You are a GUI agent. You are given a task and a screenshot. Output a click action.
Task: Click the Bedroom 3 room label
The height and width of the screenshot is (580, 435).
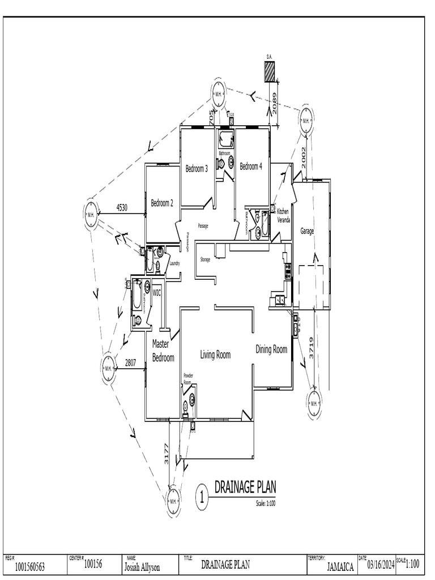(197, 168)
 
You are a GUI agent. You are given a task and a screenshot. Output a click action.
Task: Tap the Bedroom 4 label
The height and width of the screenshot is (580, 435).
(251, 167)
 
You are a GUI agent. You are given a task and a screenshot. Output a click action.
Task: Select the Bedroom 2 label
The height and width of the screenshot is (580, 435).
(161, 203)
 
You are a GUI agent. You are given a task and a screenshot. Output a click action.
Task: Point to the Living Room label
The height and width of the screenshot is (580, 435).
(215, 355)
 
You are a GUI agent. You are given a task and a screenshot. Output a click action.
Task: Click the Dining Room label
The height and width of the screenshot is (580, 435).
(271, 349)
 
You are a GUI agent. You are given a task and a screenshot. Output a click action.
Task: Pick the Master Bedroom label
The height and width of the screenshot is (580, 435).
(163, 351)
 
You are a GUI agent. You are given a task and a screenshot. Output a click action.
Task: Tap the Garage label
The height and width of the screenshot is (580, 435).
(307, 231)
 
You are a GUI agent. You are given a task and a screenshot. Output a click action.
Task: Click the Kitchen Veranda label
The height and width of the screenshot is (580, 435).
(283, 216)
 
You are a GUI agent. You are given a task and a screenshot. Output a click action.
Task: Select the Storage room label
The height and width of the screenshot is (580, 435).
(205, 259)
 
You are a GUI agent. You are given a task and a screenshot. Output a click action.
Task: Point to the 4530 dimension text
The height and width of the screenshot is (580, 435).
(121, 208)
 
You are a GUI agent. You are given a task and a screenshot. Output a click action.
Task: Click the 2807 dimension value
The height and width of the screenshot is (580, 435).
(131, 364)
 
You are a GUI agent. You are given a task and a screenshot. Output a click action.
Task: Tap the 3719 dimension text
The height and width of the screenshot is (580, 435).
(311, 348)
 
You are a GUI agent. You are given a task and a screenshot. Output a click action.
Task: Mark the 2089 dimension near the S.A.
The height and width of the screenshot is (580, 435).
(275, 104)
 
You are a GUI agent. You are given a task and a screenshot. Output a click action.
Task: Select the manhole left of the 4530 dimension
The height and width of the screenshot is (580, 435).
(91, 215)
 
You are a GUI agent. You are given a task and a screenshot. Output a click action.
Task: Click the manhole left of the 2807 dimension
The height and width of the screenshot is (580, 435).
(108, 369)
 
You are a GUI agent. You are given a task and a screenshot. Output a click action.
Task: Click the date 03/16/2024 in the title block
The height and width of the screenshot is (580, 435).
(381, 565)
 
